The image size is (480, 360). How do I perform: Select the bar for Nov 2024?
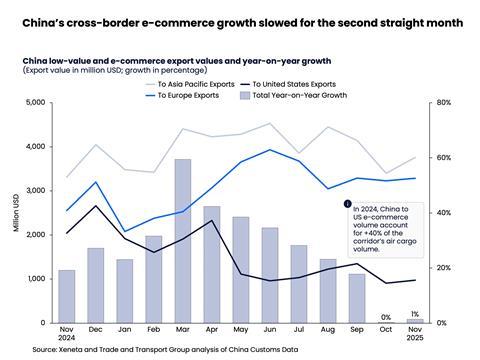pyautogui.click(x=66, y=296)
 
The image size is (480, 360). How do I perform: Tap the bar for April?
pyautogui.click(x=211, y=264)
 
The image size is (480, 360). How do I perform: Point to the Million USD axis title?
pyautogui.click(x=15, y=212)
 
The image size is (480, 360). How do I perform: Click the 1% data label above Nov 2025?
pyautogui.click(x=414, y=314)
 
